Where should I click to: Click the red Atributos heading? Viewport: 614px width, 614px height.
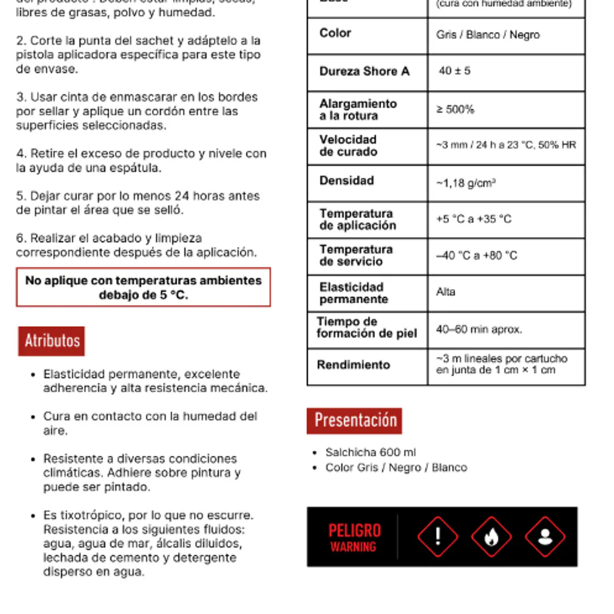coord(52,341)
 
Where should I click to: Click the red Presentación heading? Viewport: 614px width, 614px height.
coord(355,421)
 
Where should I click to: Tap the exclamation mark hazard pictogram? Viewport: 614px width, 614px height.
coord(438,537)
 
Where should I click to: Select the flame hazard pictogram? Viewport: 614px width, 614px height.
coord(491,537)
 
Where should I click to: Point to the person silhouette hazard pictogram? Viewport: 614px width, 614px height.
coord(545,537)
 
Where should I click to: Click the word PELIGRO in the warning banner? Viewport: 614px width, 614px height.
coord(354,530)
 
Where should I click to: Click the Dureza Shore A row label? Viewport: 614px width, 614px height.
coord(364,72)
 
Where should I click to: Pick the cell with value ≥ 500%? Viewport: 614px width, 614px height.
coord(455,110)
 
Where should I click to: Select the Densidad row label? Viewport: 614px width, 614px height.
coord(347,181)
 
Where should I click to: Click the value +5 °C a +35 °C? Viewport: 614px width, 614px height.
coord(473,219)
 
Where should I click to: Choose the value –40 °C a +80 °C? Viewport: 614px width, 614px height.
coord(476,256)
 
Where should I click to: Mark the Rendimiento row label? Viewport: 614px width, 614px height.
coord(353,365)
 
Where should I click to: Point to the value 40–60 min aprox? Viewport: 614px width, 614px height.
coord(479,329)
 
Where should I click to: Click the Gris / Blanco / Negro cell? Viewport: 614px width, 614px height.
coord(488,35)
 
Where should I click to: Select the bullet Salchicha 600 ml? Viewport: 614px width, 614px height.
coord(370,452)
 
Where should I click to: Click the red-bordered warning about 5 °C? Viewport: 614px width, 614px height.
coord(143,287)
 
